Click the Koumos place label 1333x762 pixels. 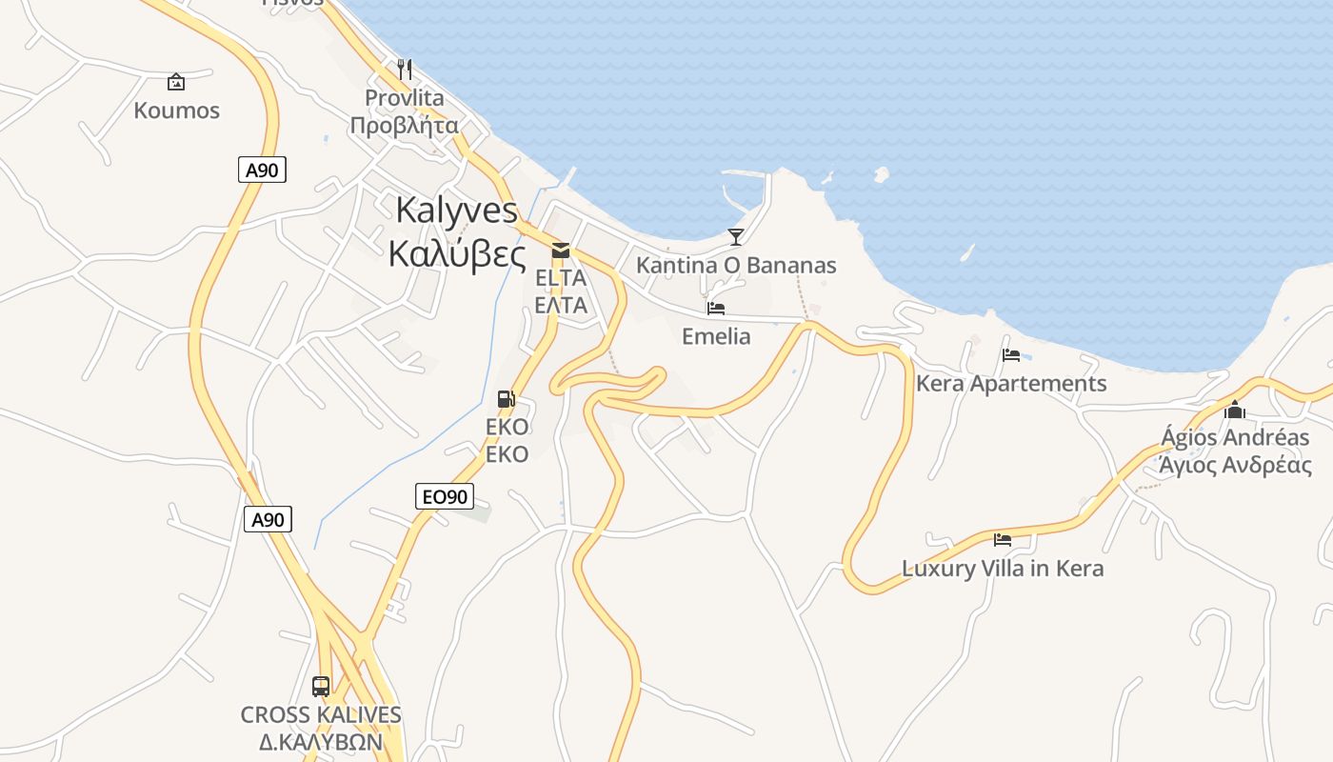tap(176, 110)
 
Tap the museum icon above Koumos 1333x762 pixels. tap(176, 82)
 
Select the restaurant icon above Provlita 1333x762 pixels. tap(405, 69)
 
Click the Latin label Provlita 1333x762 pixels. tap(405, 98)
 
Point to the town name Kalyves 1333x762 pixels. tap(456, 210)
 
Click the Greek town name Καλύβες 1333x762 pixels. tap(456, 253)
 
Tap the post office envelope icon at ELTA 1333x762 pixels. tap(561, 250)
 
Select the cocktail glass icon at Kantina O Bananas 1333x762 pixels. tap(735, 236)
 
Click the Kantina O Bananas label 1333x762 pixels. tap(735, 266)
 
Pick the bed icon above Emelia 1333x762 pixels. tap(716, 309)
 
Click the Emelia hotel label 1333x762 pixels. tap(716, 336)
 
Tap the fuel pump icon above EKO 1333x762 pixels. tap(507, 399)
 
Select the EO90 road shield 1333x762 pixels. tap(445, 496)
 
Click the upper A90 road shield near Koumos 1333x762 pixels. tap(262, 170)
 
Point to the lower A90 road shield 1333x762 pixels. tap(268, 520)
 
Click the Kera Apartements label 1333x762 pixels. tap(1011, 384)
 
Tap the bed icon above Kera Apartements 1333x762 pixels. tap(1011, 355)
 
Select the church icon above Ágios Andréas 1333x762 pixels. tap(1235, 410)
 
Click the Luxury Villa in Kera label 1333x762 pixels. tap(1003, 569)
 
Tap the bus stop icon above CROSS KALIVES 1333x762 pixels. tap(321, 686)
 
